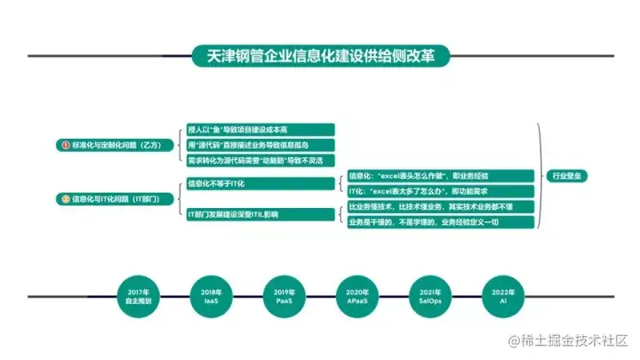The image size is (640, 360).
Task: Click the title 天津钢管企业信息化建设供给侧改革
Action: (x=320, y=55)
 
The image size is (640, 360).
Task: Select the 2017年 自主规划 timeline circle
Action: (x=139, y=297)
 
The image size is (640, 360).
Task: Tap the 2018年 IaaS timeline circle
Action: (x=212, y=297)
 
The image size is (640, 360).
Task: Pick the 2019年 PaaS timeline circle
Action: (x=284, y=297)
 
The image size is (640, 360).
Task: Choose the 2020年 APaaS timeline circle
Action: (x=356, y=297)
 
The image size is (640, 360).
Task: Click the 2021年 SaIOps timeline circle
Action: (x=428, y=297)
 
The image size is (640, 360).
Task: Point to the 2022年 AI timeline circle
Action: (x=500, y=297)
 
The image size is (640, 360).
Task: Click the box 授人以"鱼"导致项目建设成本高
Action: (x=260, y=129)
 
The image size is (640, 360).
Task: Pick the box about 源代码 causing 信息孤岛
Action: (x=260, y=145)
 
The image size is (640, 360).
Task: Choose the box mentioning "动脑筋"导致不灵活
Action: (x=260, y=161)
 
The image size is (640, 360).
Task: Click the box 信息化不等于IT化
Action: (x=260, y=183)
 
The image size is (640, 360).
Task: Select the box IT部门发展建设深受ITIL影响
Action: (x=260, y=214)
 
